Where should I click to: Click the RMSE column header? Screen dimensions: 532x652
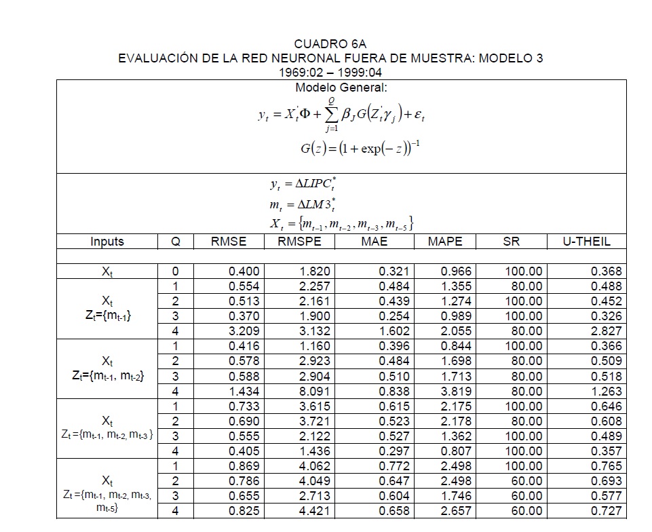229,241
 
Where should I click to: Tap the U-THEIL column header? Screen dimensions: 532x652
587,241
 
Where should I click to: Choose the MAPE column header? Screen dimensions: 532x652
445,241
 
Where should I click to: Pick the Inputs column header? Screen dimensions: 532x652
107,241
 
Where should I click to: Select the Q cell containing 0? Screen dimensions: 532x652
176,271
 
